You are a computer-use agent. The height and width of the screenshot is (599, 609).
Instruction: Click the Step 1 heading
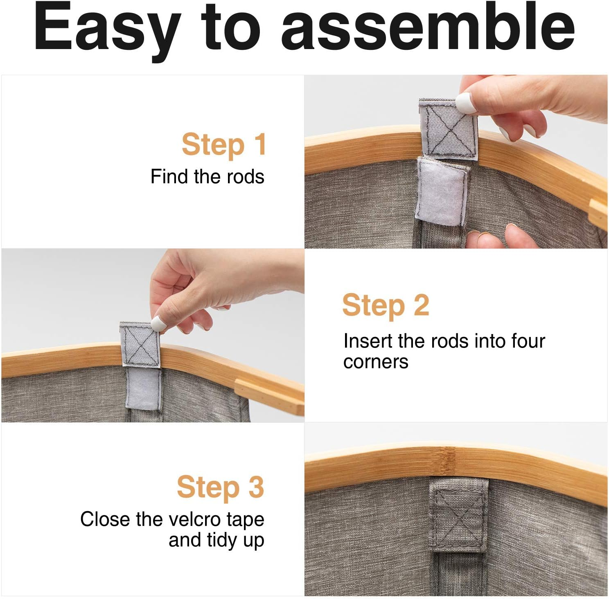pyautogui.click(x=224, y=145)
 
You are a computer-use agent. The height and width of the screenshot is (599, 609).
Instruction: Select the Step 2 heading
pyautogui.click(x=386, y=305)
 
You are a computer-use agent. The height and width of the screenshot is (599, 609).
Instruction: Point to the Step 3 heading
pyautogui.click(x=221, y=487)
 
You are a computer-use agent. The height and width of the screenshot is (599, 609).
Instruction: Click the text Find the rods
pyautogui.click(x=208, y=177)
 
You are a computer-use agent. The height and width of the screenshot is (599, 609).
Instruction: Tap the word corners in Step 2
pyautogui.click(x=376, y=362)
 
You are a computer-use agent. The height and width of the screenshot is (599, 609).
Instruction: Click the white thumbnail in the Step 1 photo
pyautogui.click(x=466, y=103)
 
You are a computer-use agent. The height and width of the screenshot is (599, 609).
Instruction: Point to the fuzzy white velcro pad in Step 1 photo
pyautogui.click(x=441, y=191)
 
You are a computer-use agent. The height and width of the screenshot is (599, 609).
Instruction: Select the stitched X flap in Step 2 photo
pyautogui.click(x=140, y=344)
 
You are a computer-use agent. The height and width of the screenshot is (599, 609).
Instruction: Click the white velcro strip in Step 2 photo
pyautogui.click(x=143, y=388)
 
